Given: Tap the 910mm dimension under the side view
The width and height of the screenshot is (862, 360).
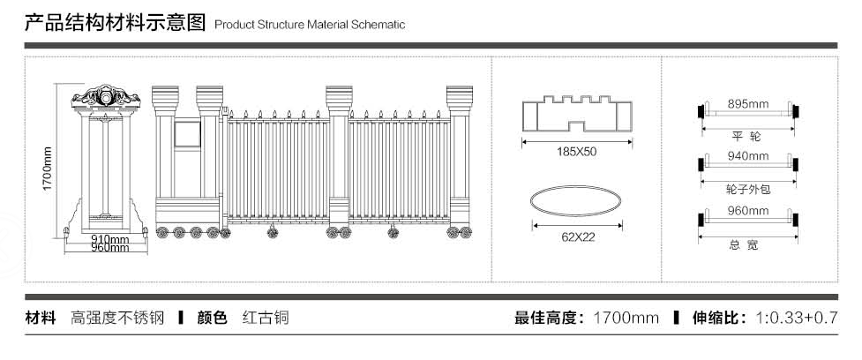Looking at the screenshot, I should [110, 239].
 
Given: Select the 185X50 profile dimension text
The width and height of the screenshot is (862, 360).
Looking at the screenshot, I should [577, 152].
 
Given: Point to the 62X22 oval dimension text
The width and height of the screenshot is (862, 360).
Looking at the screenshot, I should [577, 236].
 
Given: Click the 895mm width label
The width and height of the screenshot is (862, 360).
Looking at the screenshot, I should [748, 103].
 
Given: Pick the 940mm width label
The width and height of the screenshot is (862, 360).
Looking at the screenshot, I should [748, 156].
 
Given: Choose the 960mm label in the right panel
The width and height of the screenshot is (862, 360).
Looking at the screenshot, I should [748, 211].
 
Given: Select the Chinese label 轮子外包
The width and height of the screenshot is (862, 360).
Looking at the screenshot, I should [746, 189].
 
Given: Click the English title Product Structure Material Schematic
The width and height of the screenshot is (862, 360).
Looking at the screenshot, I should [310, 25].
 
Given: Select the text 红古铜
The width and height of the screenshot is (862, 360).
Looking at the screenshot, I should [266, 318].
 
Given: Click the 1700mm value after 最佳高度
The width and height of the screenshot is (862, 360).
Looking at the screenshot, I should [626, 318].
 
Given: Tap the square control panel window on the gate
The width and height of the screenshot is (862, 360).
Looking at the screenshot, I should [188, 134].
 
